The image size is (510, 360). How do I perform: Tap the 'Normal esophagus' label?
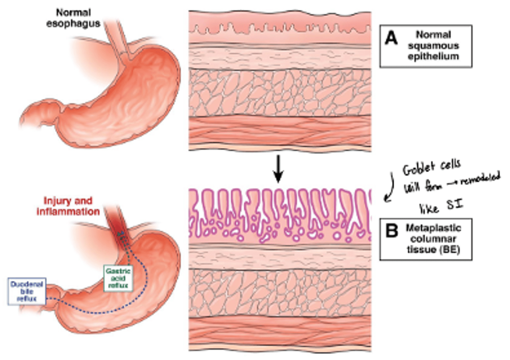click(x=73, y=18)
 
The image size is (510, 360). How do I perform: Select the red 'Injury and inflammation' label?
click(x=68, y=206)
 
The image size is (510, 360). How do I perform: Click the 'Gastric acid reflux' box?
click(x=118, y=278)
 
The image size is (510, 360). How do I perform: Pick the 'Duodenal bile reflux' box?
click(x=27, y=291)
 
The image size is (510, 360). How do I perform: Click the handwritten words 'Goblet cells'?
click(x=432, y=167)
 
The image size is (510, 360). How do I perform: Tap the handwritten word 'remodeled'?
click(x=480, y=179)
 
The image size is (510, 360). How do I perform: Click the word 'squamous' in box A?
click(x=433, y=46)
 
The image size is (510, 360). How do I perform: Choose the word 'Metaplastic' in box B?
click(x=433, y=228)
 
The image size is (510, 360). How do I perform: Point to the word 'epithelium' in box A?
click(x=433, y=57)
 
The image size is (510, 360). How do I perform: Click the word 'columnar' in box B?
click(x=433, y=239)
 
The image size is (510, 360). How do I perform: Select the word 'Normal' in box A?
click(x=433, y=35)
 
